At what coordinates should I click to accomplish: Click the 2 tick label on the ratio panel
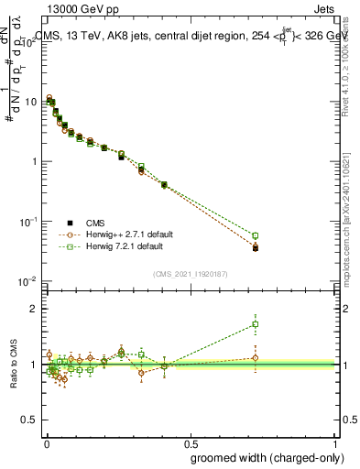pos(35,309)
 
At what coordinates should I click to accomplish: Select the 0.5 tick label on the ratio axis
pos(30,420)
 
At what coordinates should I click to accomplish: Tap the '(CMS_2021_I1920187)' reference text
pos(190,274)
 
